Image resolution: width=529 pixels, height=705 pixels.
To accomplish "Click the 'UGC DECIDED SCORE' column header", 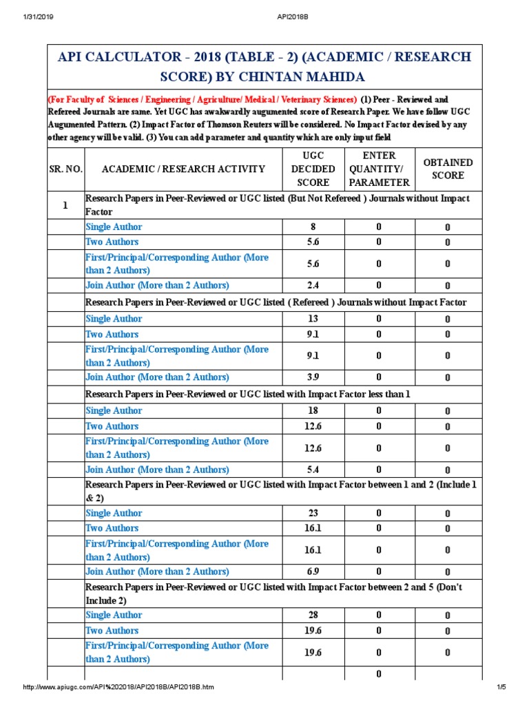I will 313,169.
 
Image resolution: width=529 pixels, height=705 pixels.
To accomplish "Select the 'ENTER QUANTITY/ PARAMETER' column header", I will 379,169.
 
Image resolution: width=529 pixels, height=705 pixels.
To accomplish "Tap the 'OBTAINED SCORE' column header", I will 448,169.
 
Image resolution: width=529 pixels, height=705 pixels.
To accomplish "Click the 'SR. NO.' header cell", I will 65,169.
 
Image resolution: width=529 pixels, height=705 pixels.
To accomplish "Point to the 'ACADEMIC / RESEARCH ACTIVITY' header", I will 183,169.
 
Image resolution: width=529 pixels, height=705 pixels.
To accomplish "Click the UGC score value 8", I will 313,227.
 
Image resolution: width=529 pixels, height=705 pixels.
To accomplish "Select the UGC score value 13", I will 313,319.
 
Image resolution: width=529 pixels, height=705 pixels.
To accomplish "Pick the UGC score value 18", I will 313,411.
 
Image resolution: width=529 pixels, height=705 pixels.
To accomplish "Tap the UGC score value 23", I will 313,514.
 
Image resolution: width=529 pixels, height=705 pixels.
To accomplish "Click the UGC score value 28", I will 313,615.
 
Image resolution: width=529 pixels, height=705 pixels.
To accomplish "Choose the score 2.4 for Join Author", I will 313,286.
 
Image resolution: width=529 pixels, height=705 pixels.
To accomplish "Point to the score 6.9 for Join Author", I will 313,572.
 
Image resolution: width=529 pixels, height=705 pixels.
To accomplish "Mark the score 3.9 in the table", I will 313,377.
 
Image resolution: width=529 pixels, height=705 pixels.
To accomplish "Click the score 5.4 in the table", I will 313,470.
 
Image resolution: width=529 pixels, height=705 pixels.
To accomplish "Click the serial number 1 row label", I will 65,205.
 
